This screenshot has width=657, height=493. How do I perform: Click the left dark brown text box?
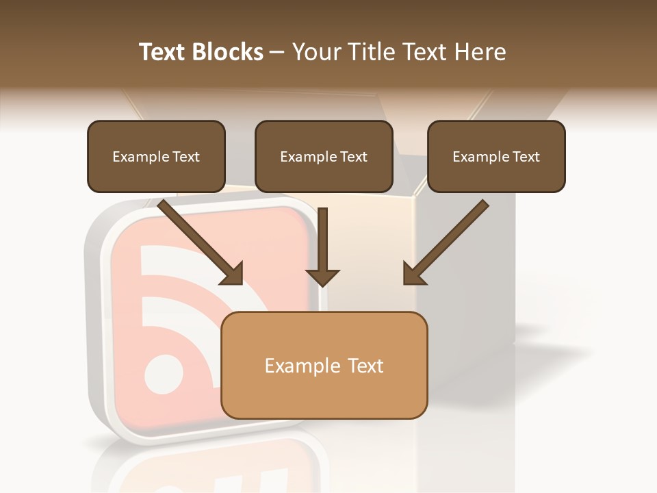pos(156,156)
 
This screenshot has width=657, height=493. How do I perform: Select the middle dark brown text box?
pos(324,156)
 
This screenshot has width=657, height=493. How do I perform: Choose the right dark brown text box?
pos(496,156)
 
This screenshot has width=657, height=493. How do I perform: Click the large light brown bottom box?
pos(324,365)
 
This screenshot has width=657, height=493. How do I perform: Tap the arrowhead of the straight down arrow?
pos(322,277)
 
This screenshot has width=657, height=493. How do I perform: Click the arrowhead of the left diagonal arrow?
pos(233,274)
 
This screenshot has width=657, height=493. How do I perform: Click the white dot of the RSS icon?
pos(164,375)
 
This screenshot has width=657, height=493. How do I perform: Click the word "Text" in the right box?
pos(526,157)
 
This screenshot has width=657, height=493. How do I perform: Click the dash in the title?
pos(277,52)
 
